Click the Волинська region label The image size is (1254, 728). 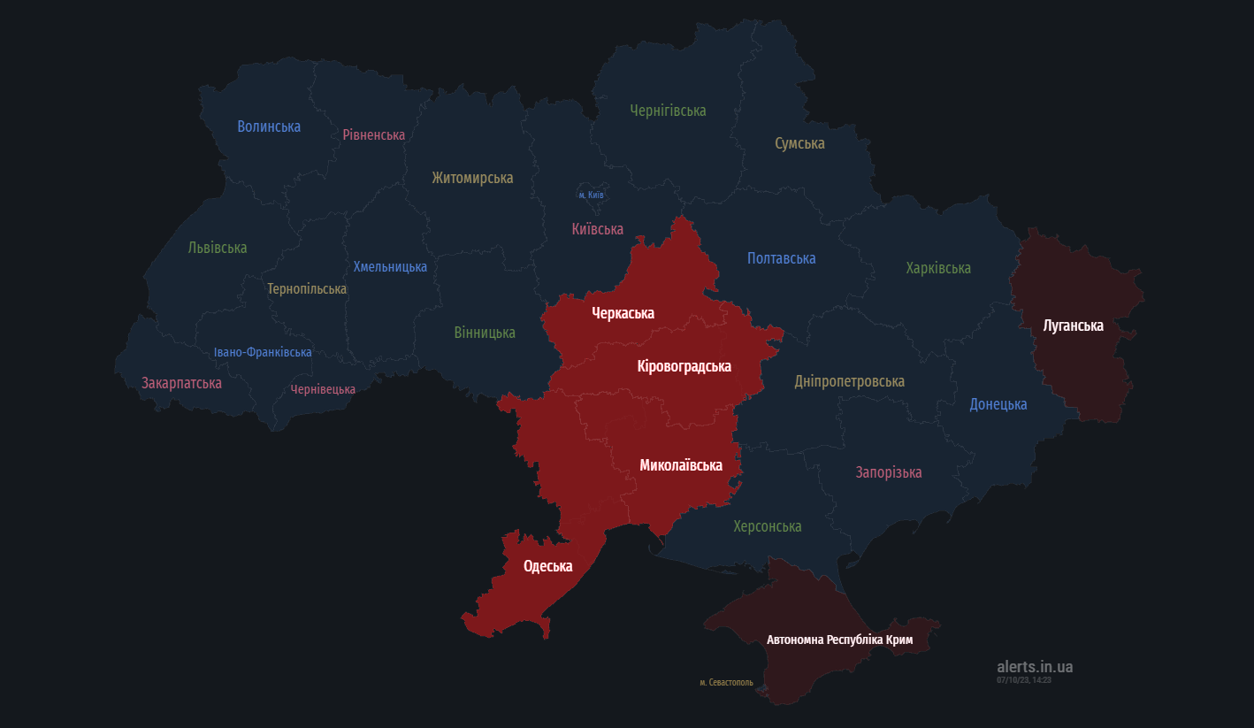(x=269, y=126)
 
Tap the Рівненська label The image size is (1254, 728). (x=374, y=134)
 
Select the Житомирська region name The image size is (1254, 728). (x=472, y=178)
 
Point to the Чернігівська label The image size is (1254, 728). (x=668, y=111)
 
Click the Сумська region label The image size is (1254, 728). (x=799, y=143)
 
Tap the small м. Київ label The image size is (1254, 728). (x=591, y=195)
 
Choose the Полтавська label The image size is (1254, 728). (x=781, y=258)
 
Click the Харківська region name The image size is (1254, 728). (x=938, y=268)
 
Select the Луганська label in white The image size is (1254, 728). (x=1073, y=326)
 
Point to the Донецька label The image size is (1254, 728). (x=998, y=404)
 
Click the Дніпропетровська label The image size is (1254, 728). (x=849, y=381)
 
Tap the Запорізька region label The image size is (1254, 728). (x=889, y=472)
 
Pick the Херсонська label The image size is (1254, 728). (x=767, y=526)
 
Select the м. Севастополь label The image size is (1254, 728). (x=726, y=682)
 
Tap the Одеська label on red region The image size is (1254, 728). (x=547, y=566)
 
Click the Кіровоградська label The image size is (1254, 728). (x=684, y=366)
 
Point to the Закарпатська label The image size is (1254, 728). (x=181, y=383)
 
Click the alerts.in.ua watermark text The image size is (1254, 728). (x=1034, y=667)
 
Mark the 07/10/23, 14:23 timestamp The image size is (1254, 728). (x=1023, y=679)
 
